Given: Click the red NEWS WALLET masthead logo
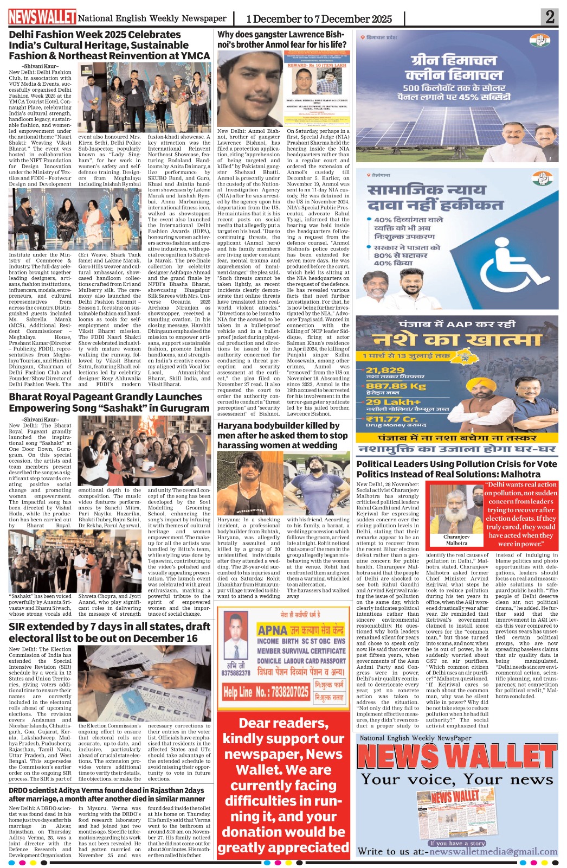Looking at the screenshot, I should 42,17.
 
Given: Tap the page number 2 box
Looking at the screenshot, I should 550,17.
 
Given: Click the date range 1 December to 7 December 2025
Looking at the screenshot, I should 319,19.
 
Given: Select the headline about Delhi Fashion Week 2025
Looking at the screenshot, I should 109,45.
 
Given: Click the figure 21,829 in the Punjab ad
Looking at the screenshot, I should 385,370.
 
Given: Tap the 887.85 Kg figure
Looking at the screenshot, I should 396,386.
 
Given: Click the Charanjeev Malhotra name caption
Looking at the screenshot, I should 456,540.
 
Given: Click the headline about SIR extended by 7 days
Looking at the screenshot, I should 109,632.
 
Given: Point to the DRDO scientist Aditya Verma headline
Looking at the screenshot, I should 107,794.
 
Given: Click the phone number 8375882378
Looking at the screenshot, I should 236,673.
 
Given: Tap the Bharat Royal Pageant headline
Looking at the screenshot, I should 109,402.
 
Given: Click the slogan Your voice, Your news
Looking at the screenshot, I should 456,780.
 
